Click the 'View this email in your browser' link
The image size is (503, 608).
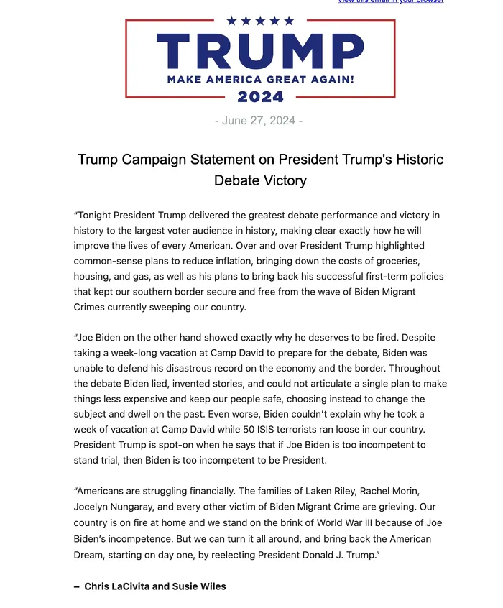[390, 1]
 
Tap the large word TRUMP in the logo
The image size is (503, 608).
[260, 52]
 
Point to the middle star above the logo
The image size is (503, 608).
[260, 21]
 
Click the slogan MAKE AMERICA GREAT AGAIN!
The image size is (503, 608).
[260, 79]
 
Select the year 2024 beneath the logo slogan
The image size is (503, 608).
[260, 97]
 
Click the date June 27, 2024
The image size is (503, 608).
[259, 121]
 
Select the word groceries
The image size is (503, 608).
[399, 261]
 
